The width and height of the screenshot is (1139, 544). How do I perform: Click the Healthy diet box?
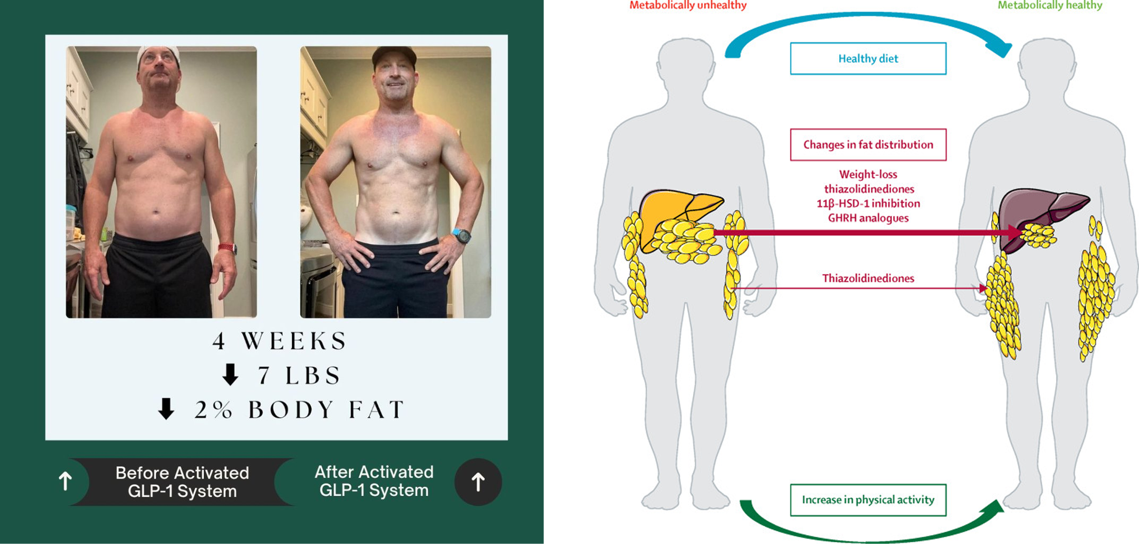(868, 58)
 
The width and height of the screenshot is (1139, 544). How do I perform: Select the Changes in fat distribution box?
(868, 145)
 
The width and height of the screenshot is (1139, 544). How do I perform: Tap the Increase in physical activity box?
(868, 500)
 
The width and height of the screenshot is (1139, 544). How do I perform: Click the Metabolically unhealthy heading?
(688, 6)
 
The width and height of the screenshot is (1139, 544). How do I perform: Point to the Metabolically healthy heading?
(1049, 6)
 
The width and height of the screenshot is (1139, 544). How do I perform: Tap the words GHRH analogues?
(868, 218)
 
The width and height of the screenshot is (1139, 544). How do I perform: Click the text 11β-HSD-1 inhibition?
(868, 204)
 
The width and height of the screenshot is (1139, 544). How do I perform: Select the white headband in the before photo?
(159, 55)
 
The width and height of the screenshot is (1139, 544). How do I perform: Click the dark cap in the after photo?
(394, 55)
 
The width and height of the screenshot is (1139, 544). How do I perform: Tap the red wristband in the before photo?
(227, 247)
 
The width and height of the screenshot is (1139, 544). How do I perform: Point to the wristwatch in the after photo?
(461, 235)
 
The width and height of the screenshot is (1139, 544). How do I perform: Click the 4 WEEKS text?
(280, 341)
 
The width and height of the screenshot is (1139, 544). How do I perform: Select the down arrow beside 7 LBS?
(230, 375)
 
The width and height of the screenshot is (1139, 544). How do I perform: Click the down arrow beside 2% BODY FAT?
(166, 409)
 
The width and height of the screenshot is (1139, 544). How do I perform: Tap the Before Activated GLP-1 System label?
(182, 482)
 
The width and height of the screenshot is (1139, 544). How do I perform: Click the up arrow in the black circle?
(478, 482)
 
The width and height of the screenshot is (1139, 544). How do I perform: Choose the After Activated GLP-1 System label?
(374, 481)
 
